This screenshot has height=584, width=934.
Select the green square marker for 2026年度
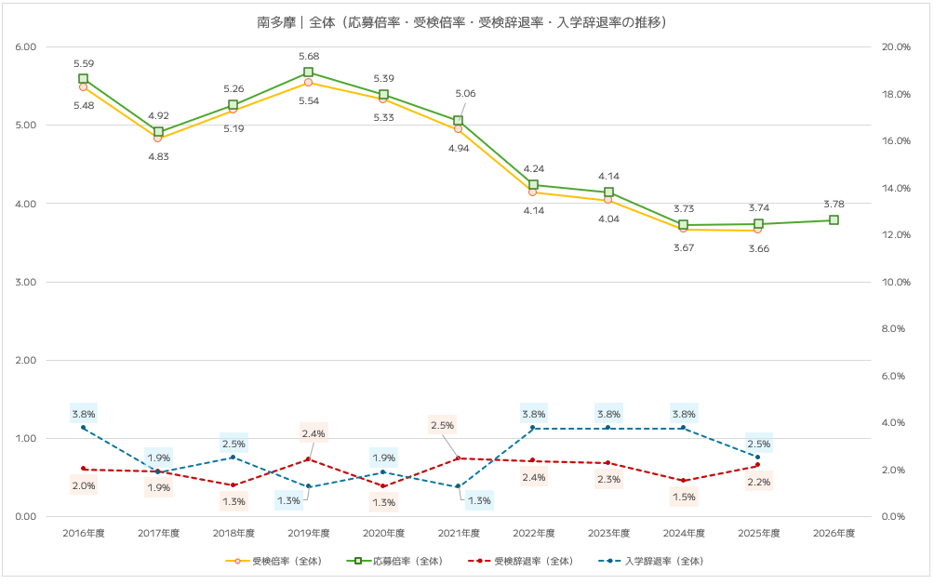[x=834, y=220]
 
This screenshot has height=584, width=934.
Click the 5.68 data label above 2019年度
[x=308, y=56]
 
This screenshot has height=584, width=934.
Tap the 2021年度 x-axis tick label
[x=458, y=534]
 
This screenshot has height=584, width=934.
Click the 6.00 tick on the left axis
[x=26, y=47]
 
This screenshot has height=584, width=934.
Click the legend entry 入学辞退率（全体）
[x=655, y=562]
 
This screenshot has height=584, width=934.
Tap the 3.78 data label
[x=834, y=204]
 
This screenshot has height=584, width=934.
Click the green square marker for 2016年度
[x=83, y=79]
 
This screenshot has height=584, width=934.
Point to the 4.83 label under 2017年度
[x=158, y=156]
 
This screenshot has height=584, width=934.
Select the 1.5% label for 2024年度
[x=684, y=498]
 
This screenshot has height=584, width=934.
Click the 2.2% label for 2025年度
[x=758, y=483]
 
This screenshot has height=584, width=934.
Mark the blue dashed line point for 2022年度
[x=533, y=428]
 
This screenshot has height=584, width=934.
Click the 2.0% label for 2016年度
[x=83, y=485]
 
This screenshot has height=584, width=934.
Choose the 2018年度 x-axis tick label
[x=233, y=534]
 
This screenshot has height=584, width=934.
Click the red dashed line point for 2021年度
[x=458, y=458]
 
